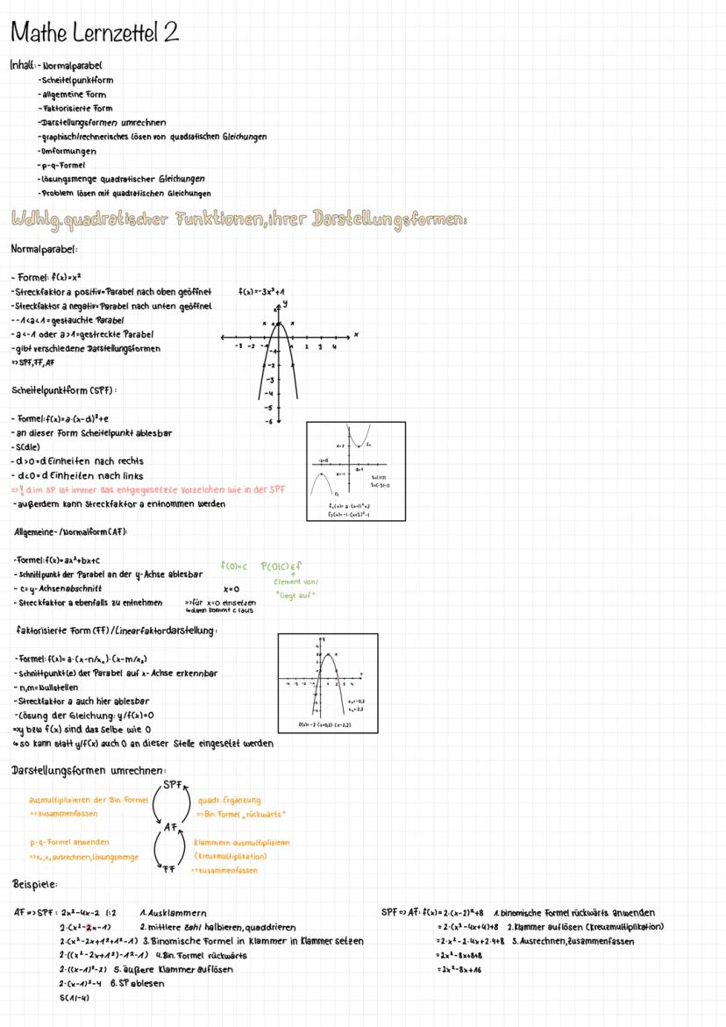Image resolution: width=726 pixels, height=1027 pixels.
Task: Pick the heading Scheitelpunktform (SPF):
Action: click(65, 389)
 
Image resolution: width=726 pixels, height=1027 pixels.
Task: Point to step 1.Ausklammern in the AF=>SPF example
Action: click(167, 913)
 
